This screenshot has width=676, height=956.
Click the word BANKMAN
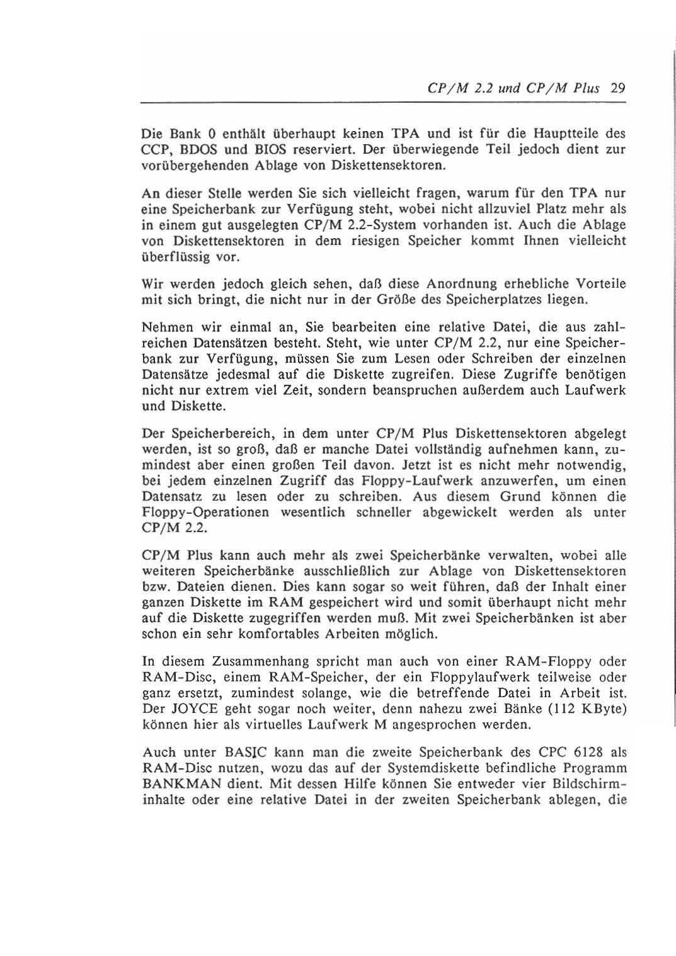click(x=180, y=785)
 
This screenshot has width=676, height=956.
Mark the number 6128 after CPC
click(x=592, y=753)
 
